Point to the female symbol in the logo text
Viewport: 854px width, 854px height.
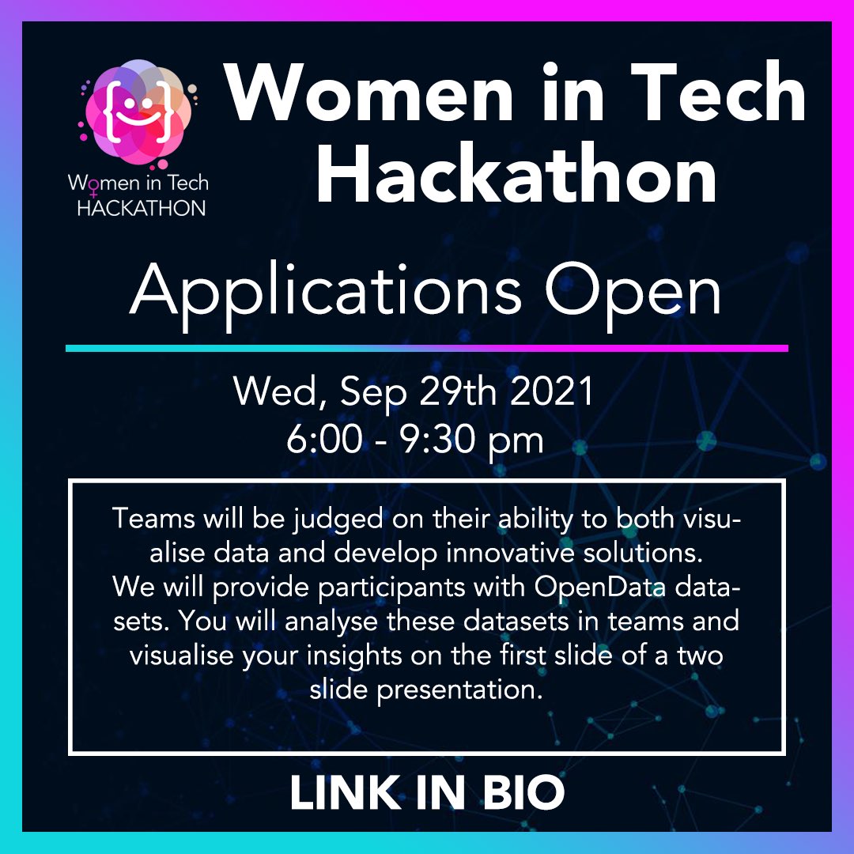click(93, 189)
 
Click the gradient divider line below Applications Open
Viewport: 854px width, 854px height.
click(427, 348)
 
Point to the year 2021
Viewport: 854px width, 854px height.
click(554, 393)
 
